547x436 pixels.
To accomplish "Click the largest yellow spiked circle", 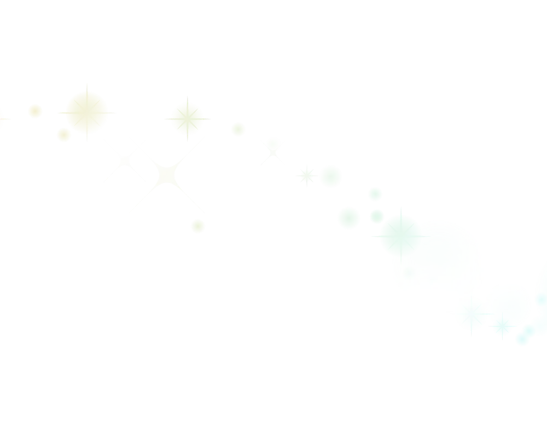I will point(86,112).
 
